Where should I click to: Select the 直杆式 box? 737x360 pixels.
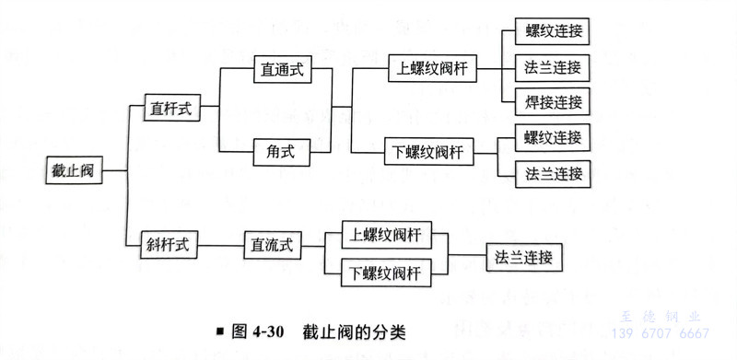[x=171, y=107]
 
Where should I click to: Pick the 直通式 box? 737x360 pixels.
[x=281, y=67]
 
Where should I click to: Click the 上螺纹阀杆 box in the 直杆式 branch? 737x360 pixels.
[x=429, y=67]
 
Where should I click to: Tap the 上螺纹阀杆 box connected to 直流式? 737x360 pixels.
[x=385, y=234]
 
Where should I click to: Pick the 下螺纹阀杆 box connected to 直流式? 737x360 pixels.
[x=385, y=273]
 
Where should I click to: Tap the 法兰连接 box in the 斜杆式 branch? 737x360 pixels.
[x=523, y=256]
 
